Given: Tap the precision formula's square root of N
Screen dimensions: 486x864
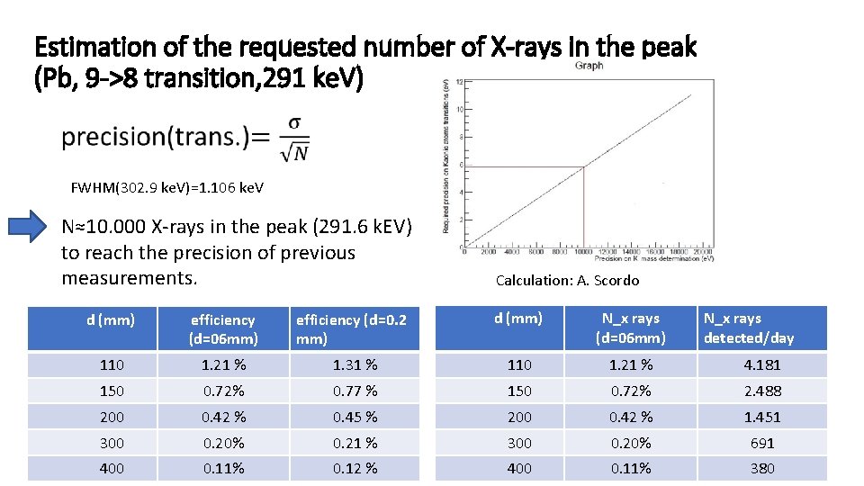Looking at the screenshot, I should pos(295,152).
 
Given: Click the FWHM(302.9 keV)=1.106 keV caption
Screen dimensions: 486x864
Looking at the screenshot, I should pos(167,188).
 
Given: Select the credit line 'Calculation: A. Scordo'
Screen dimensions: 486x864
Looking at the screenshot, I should pos(567,280).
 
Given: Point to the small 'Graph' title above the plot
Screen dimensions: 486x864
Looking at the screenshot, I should pos(589,65).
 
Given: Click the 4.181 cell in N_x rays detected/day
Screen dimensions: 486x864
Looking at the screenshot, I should pos(761,364).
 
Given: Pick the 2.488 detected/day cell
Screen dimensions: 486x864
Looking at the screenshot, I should pos(761,391).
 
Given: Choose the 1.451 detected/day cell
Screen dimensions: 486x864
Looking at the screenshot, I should pos(761,417).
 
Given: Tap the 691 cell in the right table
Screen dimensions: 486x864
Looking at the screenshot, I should pos(761,443).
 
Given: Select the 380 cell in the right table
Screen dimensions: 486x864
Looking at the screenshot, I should pos(761,468).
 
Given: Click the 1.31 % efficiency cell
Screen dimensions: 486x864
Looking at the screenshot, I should pos(355,364).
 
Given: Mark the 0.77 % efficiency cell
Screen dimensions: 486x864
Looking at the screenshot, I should pos(355,391).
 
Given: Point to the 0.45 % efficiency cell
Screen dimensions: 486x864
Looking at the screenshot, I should pos(355,417).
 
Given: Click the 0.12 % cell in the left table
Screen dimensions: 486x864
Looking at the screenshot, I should pos(355,468).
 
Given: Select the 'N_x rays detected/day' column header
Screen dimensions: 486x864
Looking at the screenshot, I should pos(749,328).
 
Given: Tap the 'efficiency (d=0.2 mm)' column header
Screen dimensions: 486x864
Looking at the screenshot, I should pos(351,328).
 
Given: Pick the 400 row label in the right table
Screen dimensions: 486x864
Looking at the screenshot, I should pos(518,468).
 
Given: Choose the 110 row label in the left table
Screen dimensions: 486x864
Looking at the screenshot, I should pos(112,364).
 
